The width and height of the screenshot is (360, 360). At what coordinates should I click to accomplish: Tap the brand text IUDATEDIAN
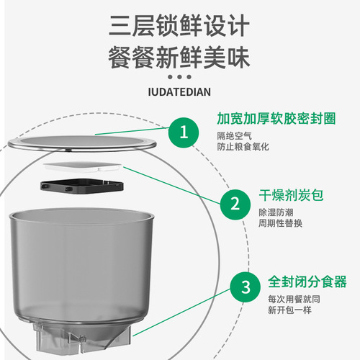[x=179, y=92]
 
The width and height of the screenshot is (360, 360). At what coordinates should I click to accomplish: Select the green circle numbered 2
[x=235, y=204]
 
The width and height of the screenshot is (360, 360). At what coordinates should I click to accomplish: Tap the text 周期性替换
[x=282, y=224]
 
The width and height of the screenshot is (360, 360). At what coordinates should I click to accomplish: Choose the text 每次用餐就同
[x=292, y=298]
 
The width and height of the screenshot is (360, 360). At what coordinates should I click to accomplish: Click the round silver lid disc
[x=86, y=143]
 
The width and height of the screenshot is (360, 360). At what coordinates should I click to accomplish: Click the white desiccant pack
[x=84, y=167]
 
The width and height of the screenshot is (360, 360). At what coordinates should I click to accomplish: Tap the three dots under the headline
[x=179, y=77]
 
